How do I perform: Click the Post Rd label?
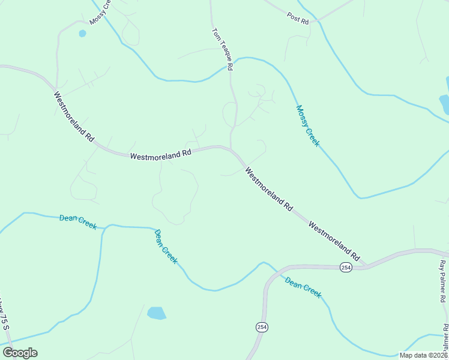pos(298,18)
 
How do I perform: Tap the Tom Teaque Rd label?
pos(222,49)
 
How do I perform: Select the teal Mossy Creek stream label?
pos(308,126)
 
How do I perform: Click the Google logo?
pos(20,353)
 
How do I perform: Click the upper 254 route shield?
pos(345,267)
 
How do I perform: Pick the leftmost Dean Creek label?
pos(78,221)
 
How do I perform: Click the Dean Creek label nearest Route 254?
pos(303,287)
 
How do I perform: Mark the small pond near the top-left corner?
pos(82,34)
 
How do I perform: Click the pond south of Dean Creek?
pos(156,313)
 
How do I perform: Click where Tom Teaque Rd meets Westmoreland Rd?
pos(231,149)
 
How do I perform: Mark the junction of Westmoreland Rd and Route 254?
pos(365,266)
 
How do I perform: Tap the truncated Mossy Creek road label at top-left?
pos(100,13)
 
